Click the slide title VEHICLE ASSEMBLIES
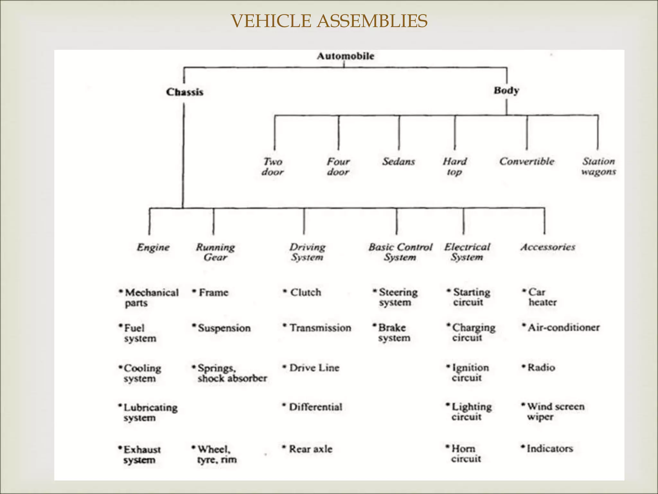329,21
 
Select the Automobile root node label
345,56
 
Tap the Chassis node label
185,92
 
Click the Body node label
506,90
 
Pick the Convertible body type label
527,161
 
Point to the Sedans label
398,161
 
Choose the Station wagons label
599,166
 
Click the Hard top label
455,166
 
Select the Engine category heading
153,247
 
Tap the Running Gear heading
215,252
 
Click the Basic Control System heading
400,252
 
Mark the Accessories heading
548,247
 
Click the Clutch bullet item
305,292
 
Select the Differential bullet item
315,407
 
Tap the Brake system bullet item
394,333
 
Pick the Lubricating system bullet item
150,412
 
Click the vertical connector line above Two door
274,133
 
